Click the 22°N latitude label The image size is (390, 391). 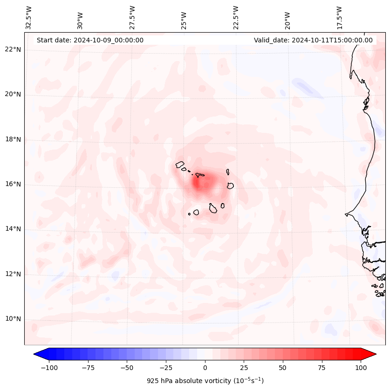(x=13, y=50)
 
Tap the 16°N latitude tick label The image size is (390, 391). (x=13, y=184)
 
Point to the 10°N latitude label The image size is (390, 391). (x=13, y=319)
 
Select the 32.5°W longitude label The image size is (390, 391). (x=29, y=18)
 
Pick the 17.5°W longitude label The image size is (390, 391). (x=339, y=18)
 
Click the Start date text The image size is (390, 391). (x=90, y=40)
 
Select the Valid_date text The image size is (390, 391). (x=313, y=40)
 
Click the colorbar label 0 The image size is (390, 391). (x=205, y=368)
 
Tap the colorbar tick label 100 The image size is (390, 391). (x=361, y=368)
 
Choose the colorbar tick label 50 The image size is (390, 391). (x=283, y=368)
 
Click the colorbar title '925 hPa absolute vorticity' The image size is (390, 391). (x=205, y=381)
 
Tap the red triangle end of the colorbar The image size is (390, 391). (x=369, y=354)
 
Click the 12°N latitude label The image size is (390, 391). (x=13, y=274)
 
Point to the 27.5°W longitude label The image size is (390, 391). (x=132, y=18)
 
